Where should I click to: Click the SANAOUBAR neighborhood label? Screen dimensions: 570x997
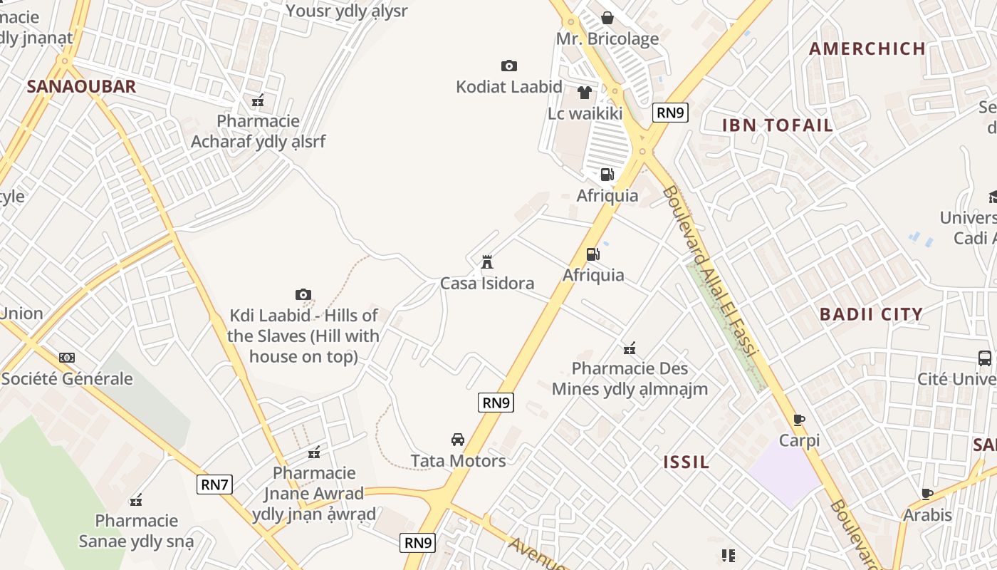point(81,87)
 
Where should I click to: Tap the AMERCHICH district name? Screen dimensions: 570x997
point(867,49)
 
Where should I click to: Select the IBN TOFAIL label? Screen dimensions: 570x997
point(778,125)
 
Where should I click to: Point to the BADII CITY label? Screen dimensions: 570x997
point(871,314)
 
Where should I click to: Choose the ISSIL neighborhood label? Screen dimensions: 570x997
point(687,462)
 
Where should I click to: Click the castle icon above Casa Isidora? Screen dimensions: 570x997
point(487,262)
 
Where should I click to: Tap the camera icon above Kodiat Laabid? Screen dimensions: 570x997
point(509,66)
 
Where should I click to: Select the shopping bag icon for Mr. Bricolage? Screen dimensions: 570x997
point(607,18)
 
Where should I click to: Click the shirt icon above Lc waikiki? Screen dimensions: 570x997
point(585,93)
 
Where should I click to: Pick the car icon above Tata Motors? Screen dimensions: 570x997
point(458,440)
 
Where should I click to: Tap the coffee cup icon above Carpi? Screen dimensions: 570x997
point(799,420)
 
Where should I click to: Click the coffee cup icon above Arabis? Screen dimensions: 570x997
point(927,494)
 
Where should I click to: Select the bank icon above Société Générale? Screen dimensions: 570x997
point(67,358)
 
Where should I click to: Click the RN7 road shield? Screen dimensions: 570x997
point(214,485)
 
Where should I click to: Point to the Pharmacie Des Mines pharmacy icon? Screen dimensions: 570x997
point(630,348)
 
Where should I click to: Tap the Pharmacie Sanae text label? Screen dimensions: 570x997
point(136,531)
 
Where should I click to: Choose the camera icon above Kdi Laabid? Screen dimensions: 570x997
point(303,294)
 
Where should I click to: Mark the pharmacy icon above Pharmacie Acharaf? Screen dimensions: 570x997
point(258,100)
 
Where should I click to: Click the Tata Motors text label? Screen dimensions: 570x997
point(458,461)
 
